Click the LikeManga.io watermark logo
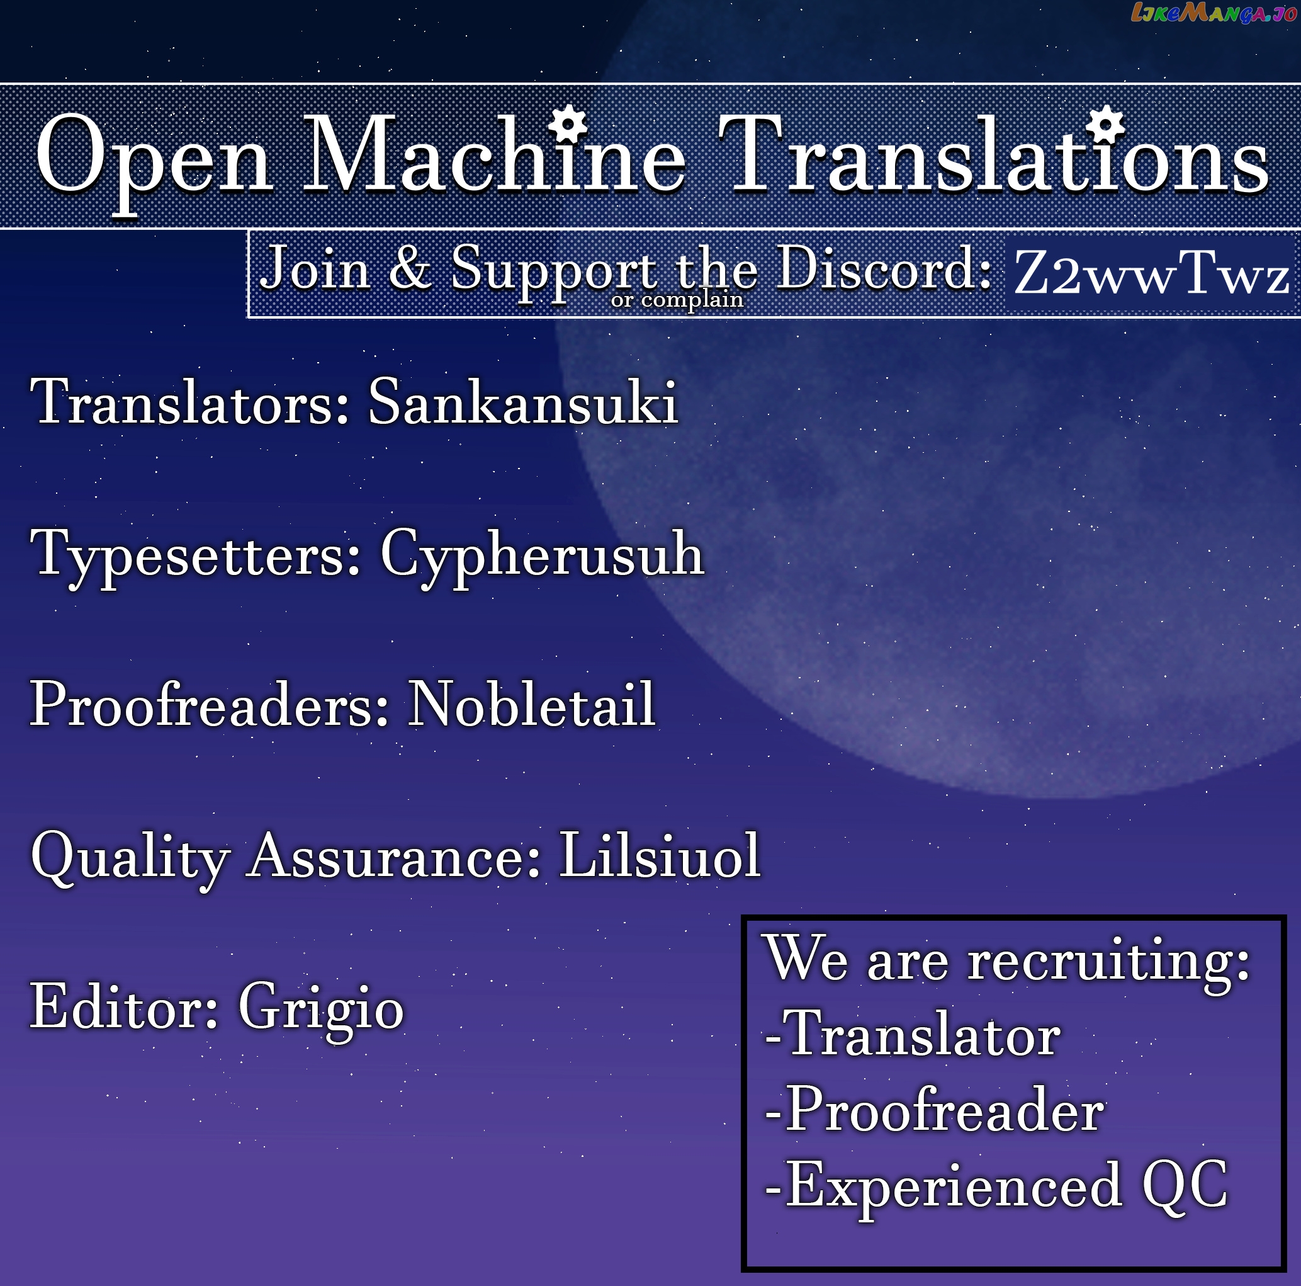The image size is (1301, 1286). [x=1214, y=13]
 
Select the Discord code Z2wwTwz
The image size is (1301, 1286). [x=1151, y=273]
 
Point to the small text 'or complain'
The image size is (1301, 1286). [x=677, y=299]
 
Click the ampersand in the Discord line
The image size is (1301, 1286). [x=410, y=267]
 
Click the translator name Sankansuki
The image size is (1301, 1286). [x=522, y=402]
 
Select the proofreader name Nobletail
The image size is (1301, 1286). [x=531, y=704]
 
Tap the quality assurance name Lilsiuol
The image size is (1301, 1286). [x=660, y=855]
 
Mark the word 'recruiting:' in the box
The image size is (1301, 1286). [x=1109, y=961]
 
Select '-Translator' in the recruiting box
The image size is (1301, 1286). [x=913, y=1035]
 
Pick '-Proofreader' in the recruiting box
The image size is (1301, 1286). [x=935, y=1110]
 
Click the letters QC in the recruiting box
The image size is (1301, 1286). [x=1185, y=1185]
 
